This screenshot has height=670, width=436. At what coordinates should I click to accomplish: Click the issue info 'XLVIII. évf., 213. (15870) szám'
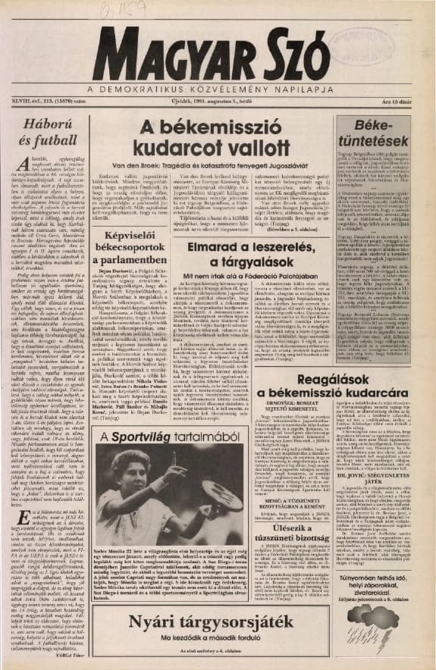45,104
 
